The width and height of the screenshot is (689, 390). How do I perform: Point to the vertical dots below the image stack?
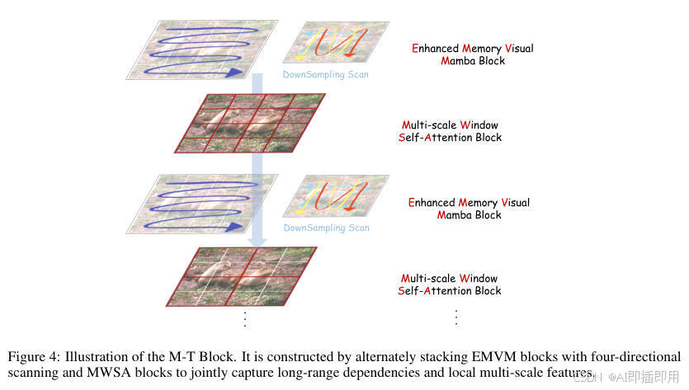coord(245,317)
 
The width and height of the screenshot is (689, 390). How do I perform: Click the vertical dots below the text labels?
coord(455,317)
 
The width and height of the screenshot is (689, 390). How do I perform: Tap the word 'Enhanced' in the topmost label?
coord(435,48)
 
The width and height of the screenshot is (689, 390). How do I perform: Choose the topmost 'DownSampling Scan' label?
coord(326,74)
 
